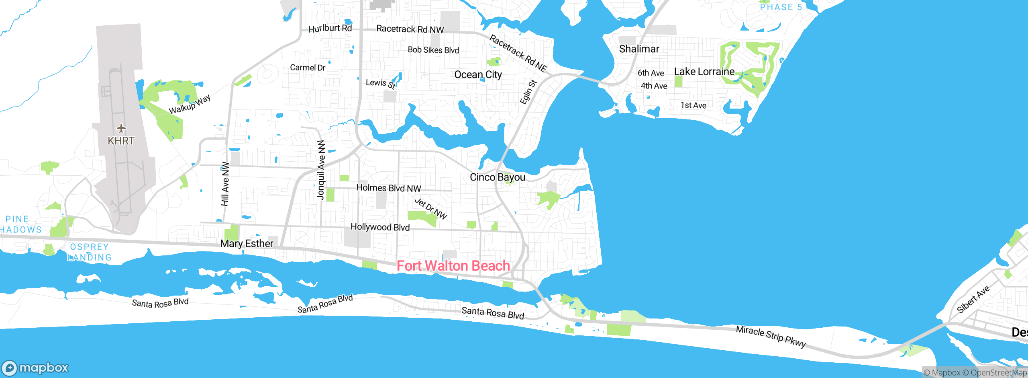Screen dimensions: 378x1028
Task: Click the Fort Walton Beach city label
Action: click(x=453, y=266)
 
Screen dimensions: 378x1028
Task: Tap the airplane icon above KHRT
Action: click(x=121, y=128)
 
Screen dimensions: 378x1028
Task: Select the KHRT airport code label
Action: click(x=121, y=141)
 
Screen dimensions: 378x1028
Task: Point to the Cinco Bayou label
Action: click(x=497, y=177)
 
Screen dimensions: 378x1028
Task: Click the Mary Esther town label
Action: click(x=247, y=243)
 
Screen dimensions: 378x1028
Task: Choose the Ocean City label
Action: click(x=478, y=75)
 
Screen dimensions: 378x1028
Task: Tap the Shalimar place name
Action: click(x=639, y=49)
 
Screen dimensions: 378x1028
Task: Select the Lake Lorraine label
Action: click(x=704, y=72)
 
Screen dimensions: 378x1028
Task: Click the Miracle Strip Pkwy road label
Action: click(x=771, y=336)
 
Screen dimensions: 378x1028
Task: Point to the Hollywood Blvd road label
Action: click(x=380, y=227)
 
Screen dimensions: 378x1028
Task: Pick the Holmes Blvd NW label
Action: click(x=388, y=188)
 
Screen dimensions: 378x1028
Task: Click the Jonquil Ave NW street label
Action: click(x=321, y=170)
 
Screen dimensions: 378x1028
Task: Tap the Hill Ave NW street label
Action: click(x=225, y=184)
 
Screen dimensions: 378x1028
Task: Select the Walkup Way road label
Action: click(x=190, y=105)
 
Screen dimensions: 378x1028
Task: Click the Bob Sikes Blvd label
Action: click(x=433, y=50)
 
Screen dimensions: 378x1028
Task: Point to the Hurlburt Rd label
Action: click(x=330, y=29)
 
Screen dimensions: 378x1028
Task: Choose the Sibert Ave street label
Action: click(x=973, y=300)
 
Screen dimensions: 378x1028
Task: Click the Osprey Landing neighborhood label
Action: click(x=89, y=252)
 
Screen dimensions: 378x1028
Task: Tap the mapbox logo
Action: click(x=35, y=368)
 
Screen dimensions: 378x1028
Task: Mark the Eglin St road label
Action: click(x=528, y=92)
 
